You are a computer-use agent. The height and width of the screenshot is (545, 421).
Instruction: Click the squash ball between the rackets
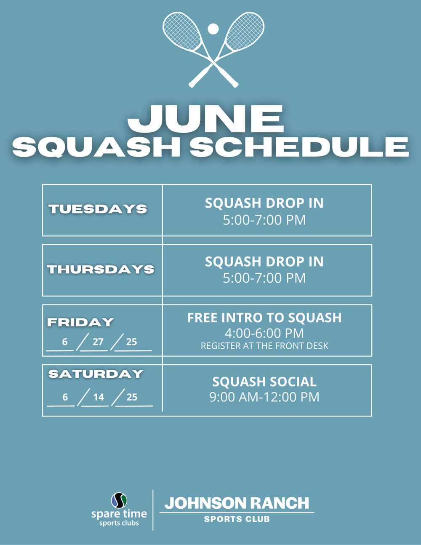click(213, 29)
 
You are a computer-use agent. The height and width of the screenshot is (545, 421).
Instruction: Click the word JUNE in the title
click(205, 119)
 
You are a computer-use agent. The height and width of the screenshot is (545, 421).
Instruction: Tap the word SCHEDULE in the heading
click(299, 147)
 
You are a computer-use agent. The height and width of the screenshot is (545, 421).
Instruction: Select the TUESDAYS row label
click(98, 209)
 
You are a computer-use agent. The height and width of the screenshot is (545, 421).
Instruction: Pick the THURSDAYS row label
click(101, 270)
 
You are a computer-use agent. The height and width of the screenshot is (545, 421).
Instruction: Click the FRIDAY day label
click(80, 322)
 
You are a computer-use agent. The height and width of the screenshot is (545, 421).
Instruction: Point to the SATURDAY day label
click(96, 374)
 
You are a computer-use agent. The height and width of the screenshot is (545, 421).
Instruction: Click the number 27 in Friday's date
click(98, 342)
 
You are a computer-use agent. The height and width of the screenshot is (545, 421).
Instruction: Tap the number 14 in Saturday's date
click(99, 397)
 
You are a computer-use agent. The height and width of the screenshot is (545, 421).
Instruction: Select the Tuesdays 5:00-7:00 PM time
click(264, 220)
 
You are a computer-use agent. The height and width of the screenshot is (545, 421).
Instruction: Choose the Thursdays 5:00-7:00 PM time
click(264, 278)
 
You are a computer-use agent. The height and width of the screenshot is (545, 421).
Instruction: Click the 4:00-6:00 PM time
click(264, 333)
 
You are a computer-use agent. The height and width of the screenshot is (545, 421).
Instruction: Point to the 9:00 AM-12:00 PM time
click(264, 397)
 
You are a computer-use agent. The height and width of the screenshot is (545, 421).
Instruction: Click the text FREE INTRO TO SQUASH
click(264, 318)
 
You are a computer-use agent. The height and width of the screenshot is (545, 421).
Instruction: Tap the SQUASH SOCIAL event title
click(264, 382)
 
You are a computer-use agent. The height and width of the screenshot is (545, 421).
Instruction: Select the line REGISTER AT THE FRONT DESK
click(264, 346)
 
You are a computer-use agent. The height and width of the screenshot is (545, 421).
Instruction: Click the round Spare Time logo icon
click(119, 500)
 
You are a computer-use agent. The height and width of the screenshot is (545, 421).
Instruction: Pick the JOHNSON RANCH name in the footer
click(237, 503)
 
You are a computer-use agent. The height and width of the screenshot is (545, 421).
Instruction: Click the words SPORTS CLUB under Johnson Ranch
click(237, 519)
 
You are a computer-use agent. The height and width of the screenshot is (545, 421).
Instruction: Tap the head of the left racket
click(182, 31)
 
